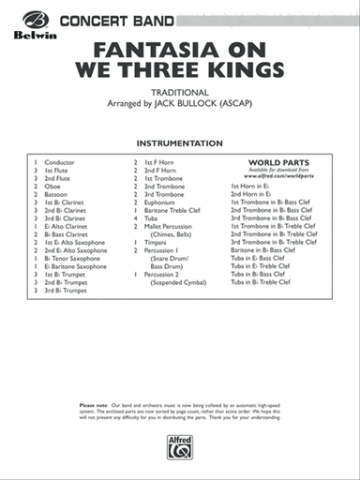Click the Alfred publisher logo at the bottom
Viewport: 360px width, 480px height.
tap(180, 449)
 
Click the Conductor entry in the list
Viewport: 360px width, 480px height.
tap(59, 161)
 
